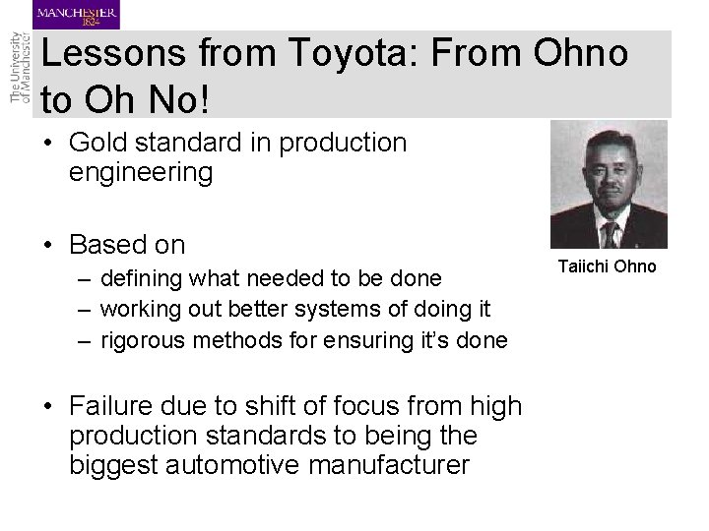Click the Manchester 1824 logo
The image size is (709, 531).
[x=77, y=16]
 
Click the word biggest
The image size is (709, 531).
[x=115, y=464]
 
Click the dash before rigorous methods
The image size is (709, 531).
[x=84, y=340]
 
